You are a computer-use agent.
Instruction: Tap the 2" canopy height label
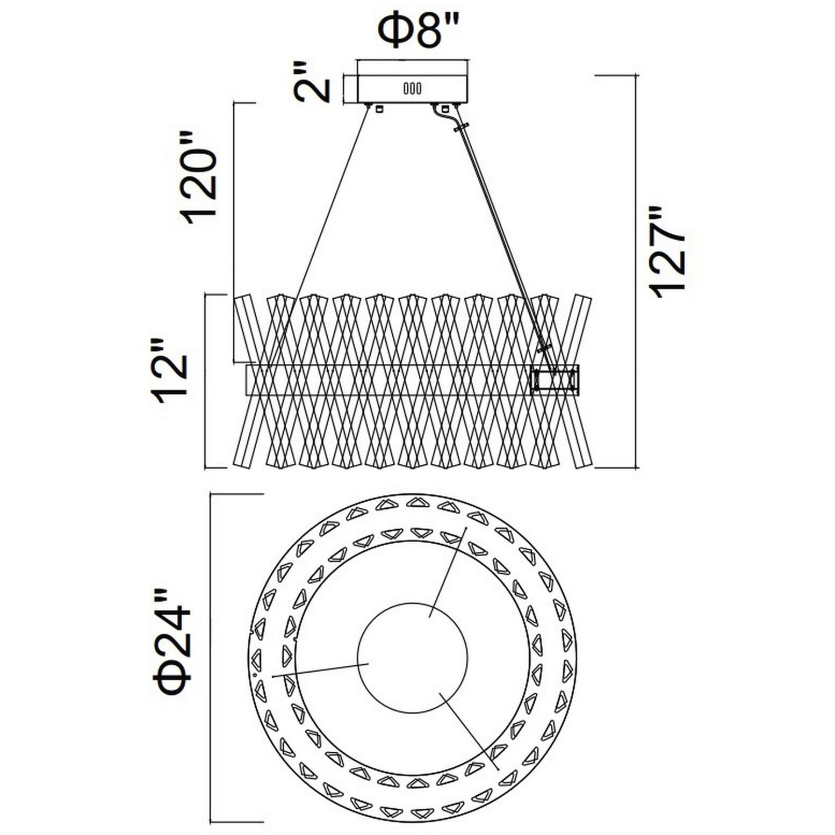point(312,82)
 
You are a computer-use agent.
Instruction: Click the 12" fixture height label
point(171,371)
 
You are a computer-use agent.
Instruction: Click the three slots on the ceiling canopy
point(413,88)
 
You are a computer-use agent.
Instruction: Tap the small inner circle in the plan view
point(413,658)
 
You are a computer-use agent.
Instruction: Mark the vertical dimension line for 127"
point(637,272)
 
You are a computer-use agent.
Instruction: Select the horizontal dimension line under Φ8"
point(414,60)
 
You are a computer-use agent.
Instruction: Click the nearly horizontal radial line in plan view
point(321,670)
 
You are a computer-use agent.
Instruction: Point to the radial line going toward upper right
point(448,572)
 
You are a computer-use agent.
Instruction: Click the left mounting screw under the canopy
point(379,109)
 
